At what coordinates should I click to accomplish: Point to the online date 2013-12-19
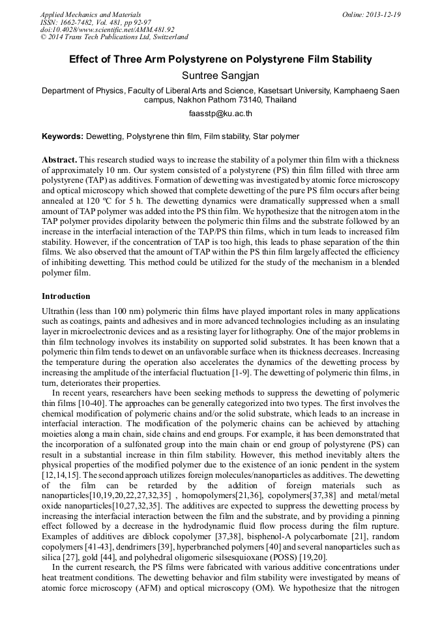(383, 14)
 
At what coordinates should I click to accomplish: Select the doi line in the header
(108, 29)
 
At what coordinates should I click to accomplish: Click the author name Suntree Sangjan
(220, 76)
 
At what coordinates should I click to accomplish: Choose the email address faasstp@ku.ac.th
(220, 114)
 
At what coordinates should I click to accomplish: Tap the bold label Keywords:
(63, 136)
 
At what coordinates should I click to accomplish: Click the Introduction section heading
(66, 296)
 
